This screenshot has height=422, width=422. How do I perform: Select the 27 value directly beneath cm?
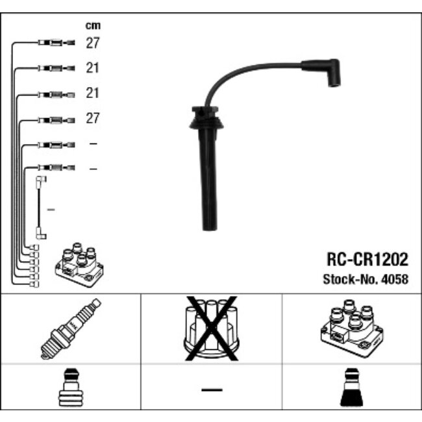pyautogui.click(x=93, y=43)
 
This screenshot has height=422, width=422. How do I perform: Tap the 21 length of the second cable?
pyautogui.click(x=93, y=68)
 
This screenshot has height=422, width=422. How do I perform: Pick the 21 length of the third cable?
pyautogui.click(x=93, y=93)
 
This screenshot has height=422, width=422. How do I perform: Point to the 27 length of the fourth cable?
pyautogui.click(x=93, y=118)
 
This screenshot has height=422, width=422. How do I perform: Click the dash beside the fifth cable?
pyautogui.click(x=93, y=143)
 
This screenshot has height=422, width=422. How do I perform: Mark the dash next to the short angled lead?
pyautogui.click(x=52, y=209)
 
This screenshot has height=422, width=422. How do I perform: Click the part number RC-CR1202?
pyautogui.click(x=367, y=260)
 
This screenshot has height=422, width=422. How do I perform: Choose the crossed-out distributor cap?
pyautogui.click(x=211, y=329)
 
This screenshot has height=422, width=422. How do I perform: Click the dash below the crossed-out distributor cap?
pyautogui.click(x=211, y=390)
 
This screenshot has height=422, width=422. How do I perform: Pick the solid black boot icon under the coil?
pyautogui.click(x=351, y=390)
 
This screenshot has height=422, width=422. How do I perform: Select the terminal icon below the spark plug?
pyautogui.click(x=71, y=390)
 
